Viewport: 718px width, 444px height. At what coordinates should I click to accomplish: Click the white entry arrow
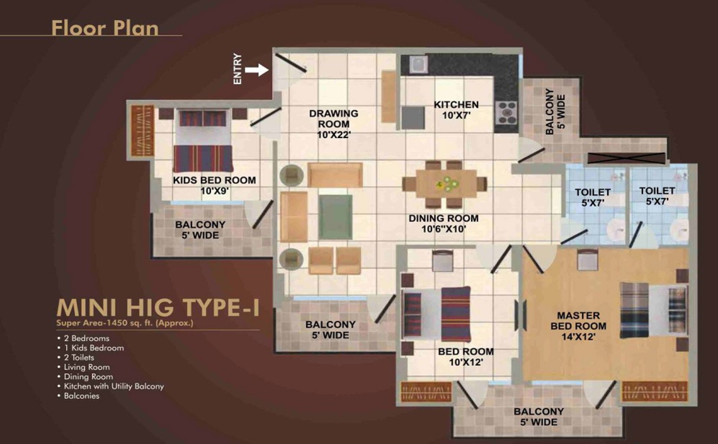(x=257, y=70)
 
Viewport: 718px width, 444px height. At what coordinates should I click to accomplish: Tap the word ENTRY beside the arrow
(x=237, y=69)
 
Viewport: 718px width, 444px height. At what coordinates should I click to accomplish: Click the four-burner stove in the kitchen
(x=506, y=112)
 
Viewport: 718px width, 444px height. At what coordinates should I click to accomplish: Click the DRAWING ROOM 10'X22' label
(x=334, y=124)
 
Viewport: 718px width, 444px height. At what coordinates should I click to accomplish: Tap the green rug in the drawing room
(x=335, y=217)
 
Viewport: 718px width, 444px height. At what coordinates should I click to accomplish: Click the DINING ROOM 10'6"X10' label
(x=443, y=224)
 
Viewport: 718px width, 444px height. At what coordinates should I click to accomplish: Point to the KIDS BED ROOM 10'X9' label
(x=214, y=185)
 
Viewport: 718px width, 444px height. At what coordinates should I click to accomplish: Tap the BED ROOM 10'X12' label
(x=466, y=357)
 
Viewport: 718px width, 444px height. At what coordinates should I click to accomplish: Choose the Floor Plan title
(x=105, y=28)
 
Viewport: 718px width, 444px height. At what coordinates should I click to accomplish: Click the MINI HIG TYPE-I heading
(x=158, y=307)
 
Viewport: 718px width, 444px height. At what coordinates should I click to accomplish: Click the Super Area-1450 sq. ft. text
(x=125, y=323)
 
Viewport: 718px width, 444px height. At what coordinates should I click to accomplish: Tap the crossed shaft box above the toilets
(x=626, y=158)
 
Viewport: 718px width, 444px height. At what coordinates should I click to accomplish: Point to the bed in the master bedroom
(x=654, y=310)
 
